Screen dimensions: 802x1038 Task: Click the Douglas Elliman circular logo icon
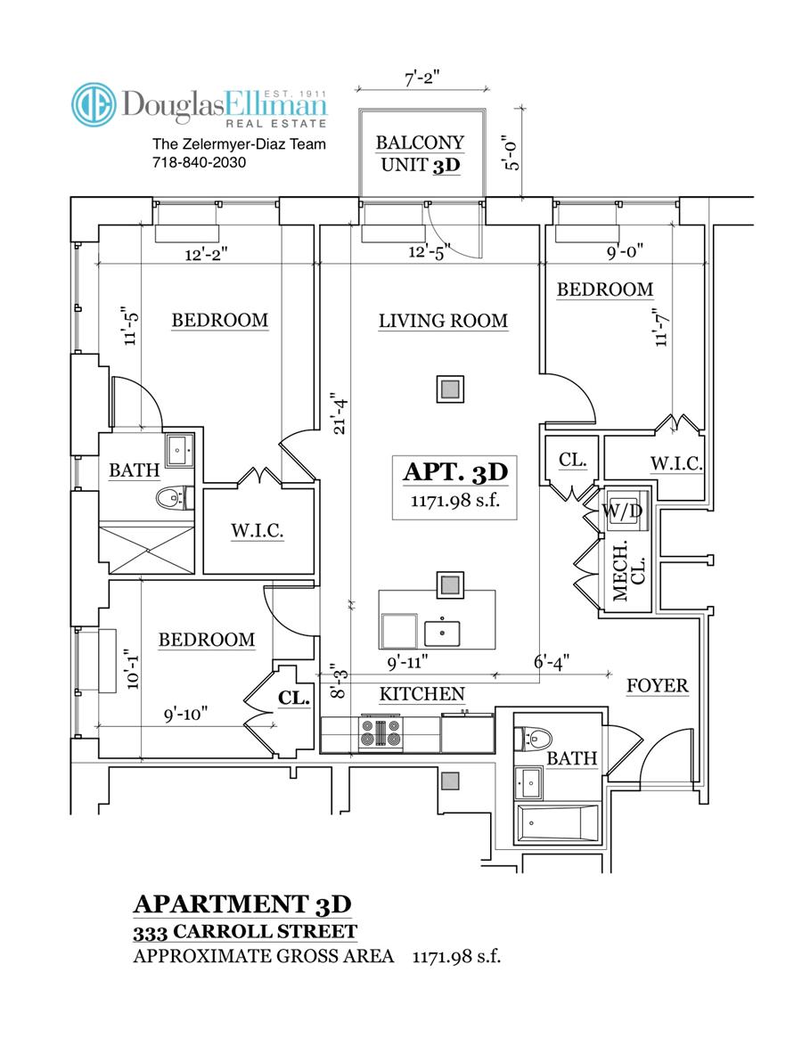point(94,105)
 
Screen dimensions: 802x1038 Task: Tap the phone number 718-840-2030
point(200,163)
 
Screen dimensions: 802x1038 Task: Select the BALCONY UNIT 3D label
point(421,153)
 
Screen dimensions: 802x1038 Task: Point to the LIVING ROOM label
point(443,321)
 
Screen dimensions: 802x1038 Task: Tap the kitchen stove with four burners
point(381,732)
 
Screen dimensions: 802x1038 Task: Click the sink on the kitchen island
point(443,631)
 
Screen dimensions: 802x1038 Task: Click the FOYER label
point(657,685)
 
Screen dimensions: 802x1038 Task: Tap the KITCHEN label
point(422,693)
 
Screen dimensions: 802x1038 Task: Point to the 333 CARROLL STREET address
point(244,933)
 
